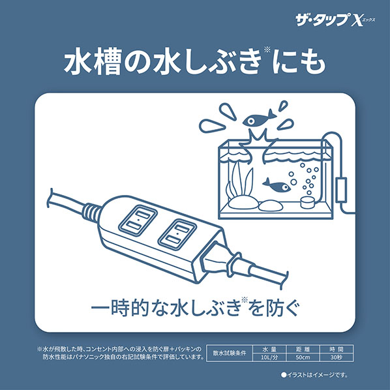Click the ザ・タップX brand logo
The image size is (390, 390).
(x=335, y=21)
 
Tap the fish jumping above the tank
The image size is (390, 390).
(x=259, y=120)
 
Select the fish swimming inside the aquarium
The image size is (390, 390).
(x=276, y=185)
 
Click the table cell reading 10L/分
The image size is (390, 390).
(x=269, y=357)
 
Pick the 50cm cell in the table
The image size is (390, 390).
(x=303, y=357)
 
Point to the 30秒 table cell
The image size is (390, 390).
(x=337, y=357)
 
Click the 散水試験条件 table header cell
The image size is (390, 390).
(x=230, y=353)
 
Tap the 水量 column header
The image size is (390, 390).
(x=269, y=349)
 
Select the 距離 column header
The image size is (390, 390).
(x=303, y=349)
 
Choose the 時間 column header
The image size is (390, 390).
(x=337, y=349)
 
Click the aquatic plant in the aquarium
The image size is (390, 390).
(x=239, y=181)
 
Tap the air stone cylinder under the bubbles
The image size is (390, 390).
(x=307, y=202)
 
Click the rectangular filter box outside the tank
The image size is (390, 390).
(x=340, y=190)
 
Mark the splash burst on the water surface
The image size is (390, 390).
(x=258, y=140)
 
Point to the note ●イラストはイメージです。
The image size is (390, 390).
(x=314, y=375)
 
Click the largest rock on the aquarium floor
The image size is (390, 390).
(x=243, y=203)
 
